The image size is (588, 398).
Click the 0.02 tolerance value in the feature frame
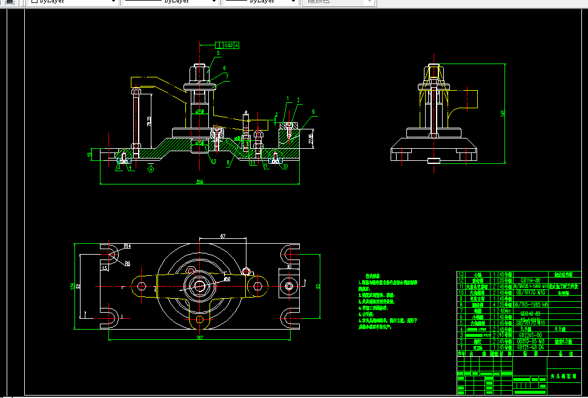(228, 45)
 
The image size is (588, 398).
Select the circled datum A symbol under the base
(151, 170)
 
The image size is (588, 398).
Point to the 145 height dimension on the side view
(502, 114)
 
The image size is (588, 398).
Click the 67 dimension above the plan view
(223, 235)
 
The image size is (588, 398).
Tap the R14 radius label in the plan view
(128, 246)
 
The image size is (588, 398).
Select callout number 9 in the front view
(313, 111)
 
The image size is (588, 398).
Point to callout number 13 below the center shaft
(213, 161)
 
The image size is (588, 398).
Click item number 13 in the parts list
(461, 274)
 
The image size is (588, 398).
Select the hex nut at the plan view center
(199, 285)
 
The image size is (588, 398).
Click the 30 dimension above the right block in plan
(289, 266)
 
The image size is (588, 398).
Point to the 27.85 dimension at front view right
(311, 139)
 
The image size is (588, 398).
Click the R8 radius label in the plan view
(128, 263)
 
